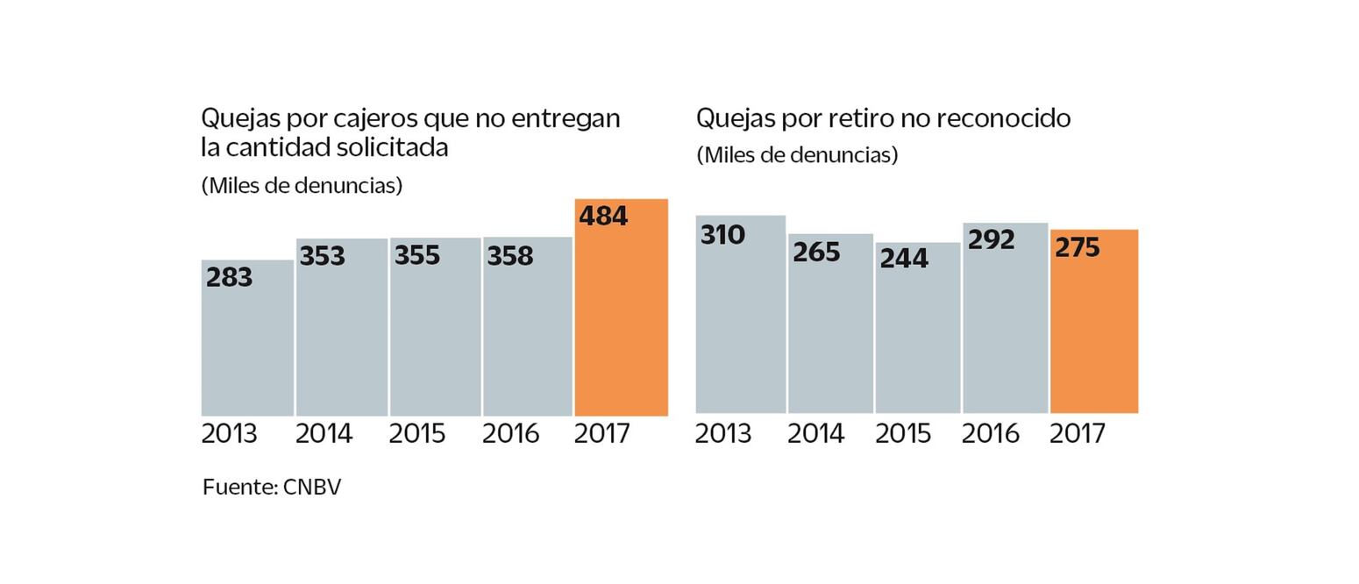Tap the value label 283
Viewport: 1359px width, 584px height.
(229, 278)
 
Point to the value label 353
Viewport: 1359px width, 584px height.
(322, 257)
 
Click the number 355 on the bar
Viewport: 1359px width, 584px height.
(416, 256)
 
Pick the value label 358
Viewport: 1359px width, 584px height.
(509, 256)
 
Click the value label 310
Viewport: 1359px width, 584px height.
(722, 235)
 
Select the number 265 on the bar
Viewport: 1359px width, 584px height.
(815, 253)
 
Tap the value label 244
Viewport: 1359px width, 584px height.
(903, 259)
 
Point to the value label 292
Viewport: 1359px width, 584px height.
(991, 240)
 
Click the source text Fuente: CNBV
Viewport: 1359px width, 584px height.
(271, 488)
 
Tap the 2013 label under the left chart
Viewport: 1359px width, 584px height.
(229, 434)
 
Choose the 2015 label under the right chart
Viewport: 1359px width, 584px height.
(902, 434)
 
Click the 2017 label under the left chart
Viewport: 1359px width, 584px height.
(601, 434)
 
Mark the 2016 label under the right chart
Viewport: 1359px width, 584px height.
(990, 434)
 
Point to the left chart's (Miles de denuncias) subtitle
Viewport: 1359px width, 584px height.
(302, 186)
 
